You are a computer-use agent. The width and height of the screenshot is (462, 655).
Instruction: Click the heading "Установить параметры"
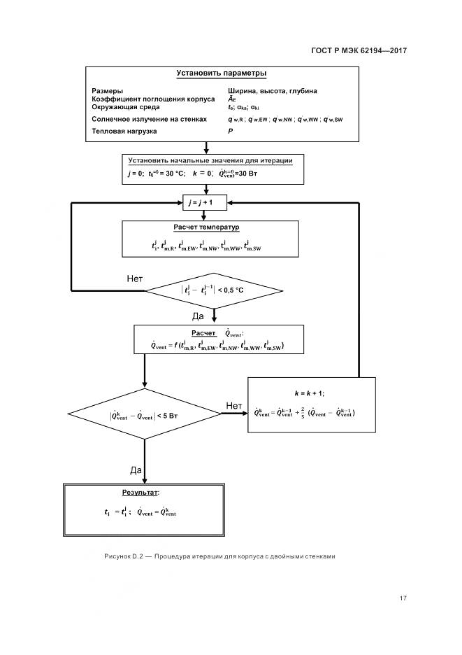[x=221, y=73]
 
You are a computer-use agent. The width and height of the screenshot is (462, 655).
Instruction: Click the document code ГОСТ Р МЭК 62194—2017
[x=358, y=50]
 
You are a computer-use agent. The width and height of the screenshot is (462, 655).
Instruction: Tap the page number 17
[x=403, y=598]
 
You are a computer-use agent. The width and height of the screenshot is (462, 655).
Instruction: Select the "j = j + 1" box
[x=205, y=202]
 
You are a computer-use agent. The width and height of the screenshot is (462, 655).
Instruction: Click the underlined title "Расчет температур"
[x=206, y=228]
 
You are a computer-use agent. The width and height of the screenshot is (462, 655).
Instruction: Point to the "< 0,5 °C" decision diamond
[x=213, y=289]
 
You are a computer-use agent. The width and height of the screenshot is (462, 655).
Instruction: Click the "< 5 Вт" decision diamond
[x=145, y=415]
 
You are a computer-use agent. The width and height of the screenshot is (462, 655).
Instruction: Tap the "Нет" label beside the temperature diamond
[x=135, y=279]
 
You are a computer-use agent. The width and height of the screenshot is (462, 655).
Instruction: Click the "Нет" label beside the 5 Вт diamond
[x=234, y=405]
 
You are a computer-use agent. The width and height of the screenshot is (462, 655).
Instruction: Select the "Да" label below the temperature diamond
[x=198, y=316]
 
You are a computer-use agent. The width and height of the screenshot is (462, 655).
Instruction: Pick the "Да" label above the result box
[x=136, y=469]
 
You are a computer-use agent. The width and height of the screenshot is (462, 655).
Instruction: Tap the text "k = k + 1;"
[x=304, y=393]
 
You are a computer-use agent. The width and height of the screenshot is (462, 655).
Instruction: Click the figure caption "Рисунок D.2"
[x=123, y=556]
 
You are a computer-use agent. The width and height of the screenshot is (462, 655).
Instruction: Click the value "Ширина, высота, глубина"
[x=272, y=91]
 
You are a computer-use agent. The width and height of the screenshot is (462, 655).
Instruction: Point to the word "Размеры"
[x=108, y=91]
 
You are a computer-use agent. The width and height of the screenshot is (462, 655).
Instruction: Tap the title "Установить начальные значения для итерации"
[x=205, y=161]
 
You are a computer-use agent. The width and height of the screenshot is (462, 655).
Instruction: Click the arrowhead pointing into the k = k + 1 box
[x=245, y=413]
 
